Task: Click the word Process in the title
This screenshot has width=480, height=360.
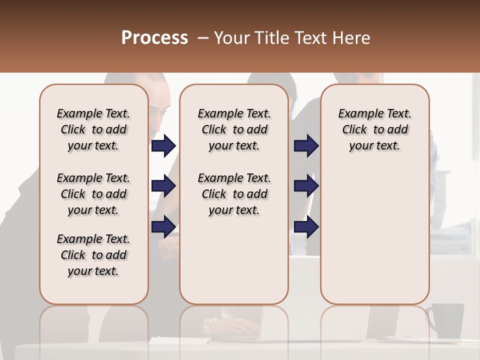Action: pyautogui.click(x=154, y=38)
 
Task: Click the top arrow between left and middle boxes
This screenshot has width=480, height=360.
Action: pyautogui.click(x=163, y=145)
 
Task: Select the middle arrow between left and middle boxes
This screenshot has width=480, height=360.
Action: pyautogui.click(x=163, y=186)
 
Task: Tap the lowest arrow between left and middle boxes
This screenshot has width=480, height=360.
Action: pyautogui.click(x=163, y=227)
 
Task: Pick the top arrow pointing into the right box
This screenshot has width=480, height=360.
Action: pyautogui.click(x=306, y=145)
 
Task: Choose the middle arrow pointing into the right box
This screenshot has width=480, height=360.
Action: pyautogui.click(x=306, y=186)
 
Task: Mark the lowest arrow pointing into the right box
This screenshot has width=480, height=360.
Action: pyautogui.click(x=306, y=227)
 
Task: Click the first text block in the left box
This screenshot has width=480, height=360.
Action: pyautogui.click(x=93, y=129)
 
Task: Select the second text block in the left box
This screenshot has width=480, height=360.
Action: pyautogui.click(x=93, y=194)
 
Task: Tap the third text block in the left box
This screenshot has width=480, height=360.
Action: pyautogui.click(x=93, y=255)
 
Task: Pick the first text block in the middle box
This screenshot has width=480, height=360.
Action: pyautogui.click(x=234, y=129)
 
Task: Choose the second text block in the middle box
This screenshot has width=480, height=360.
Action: pyautogui.click(x=234, y=194)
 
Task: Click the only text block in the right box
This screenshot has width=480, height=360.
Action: pyautogui.click(x=374, y=129)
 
